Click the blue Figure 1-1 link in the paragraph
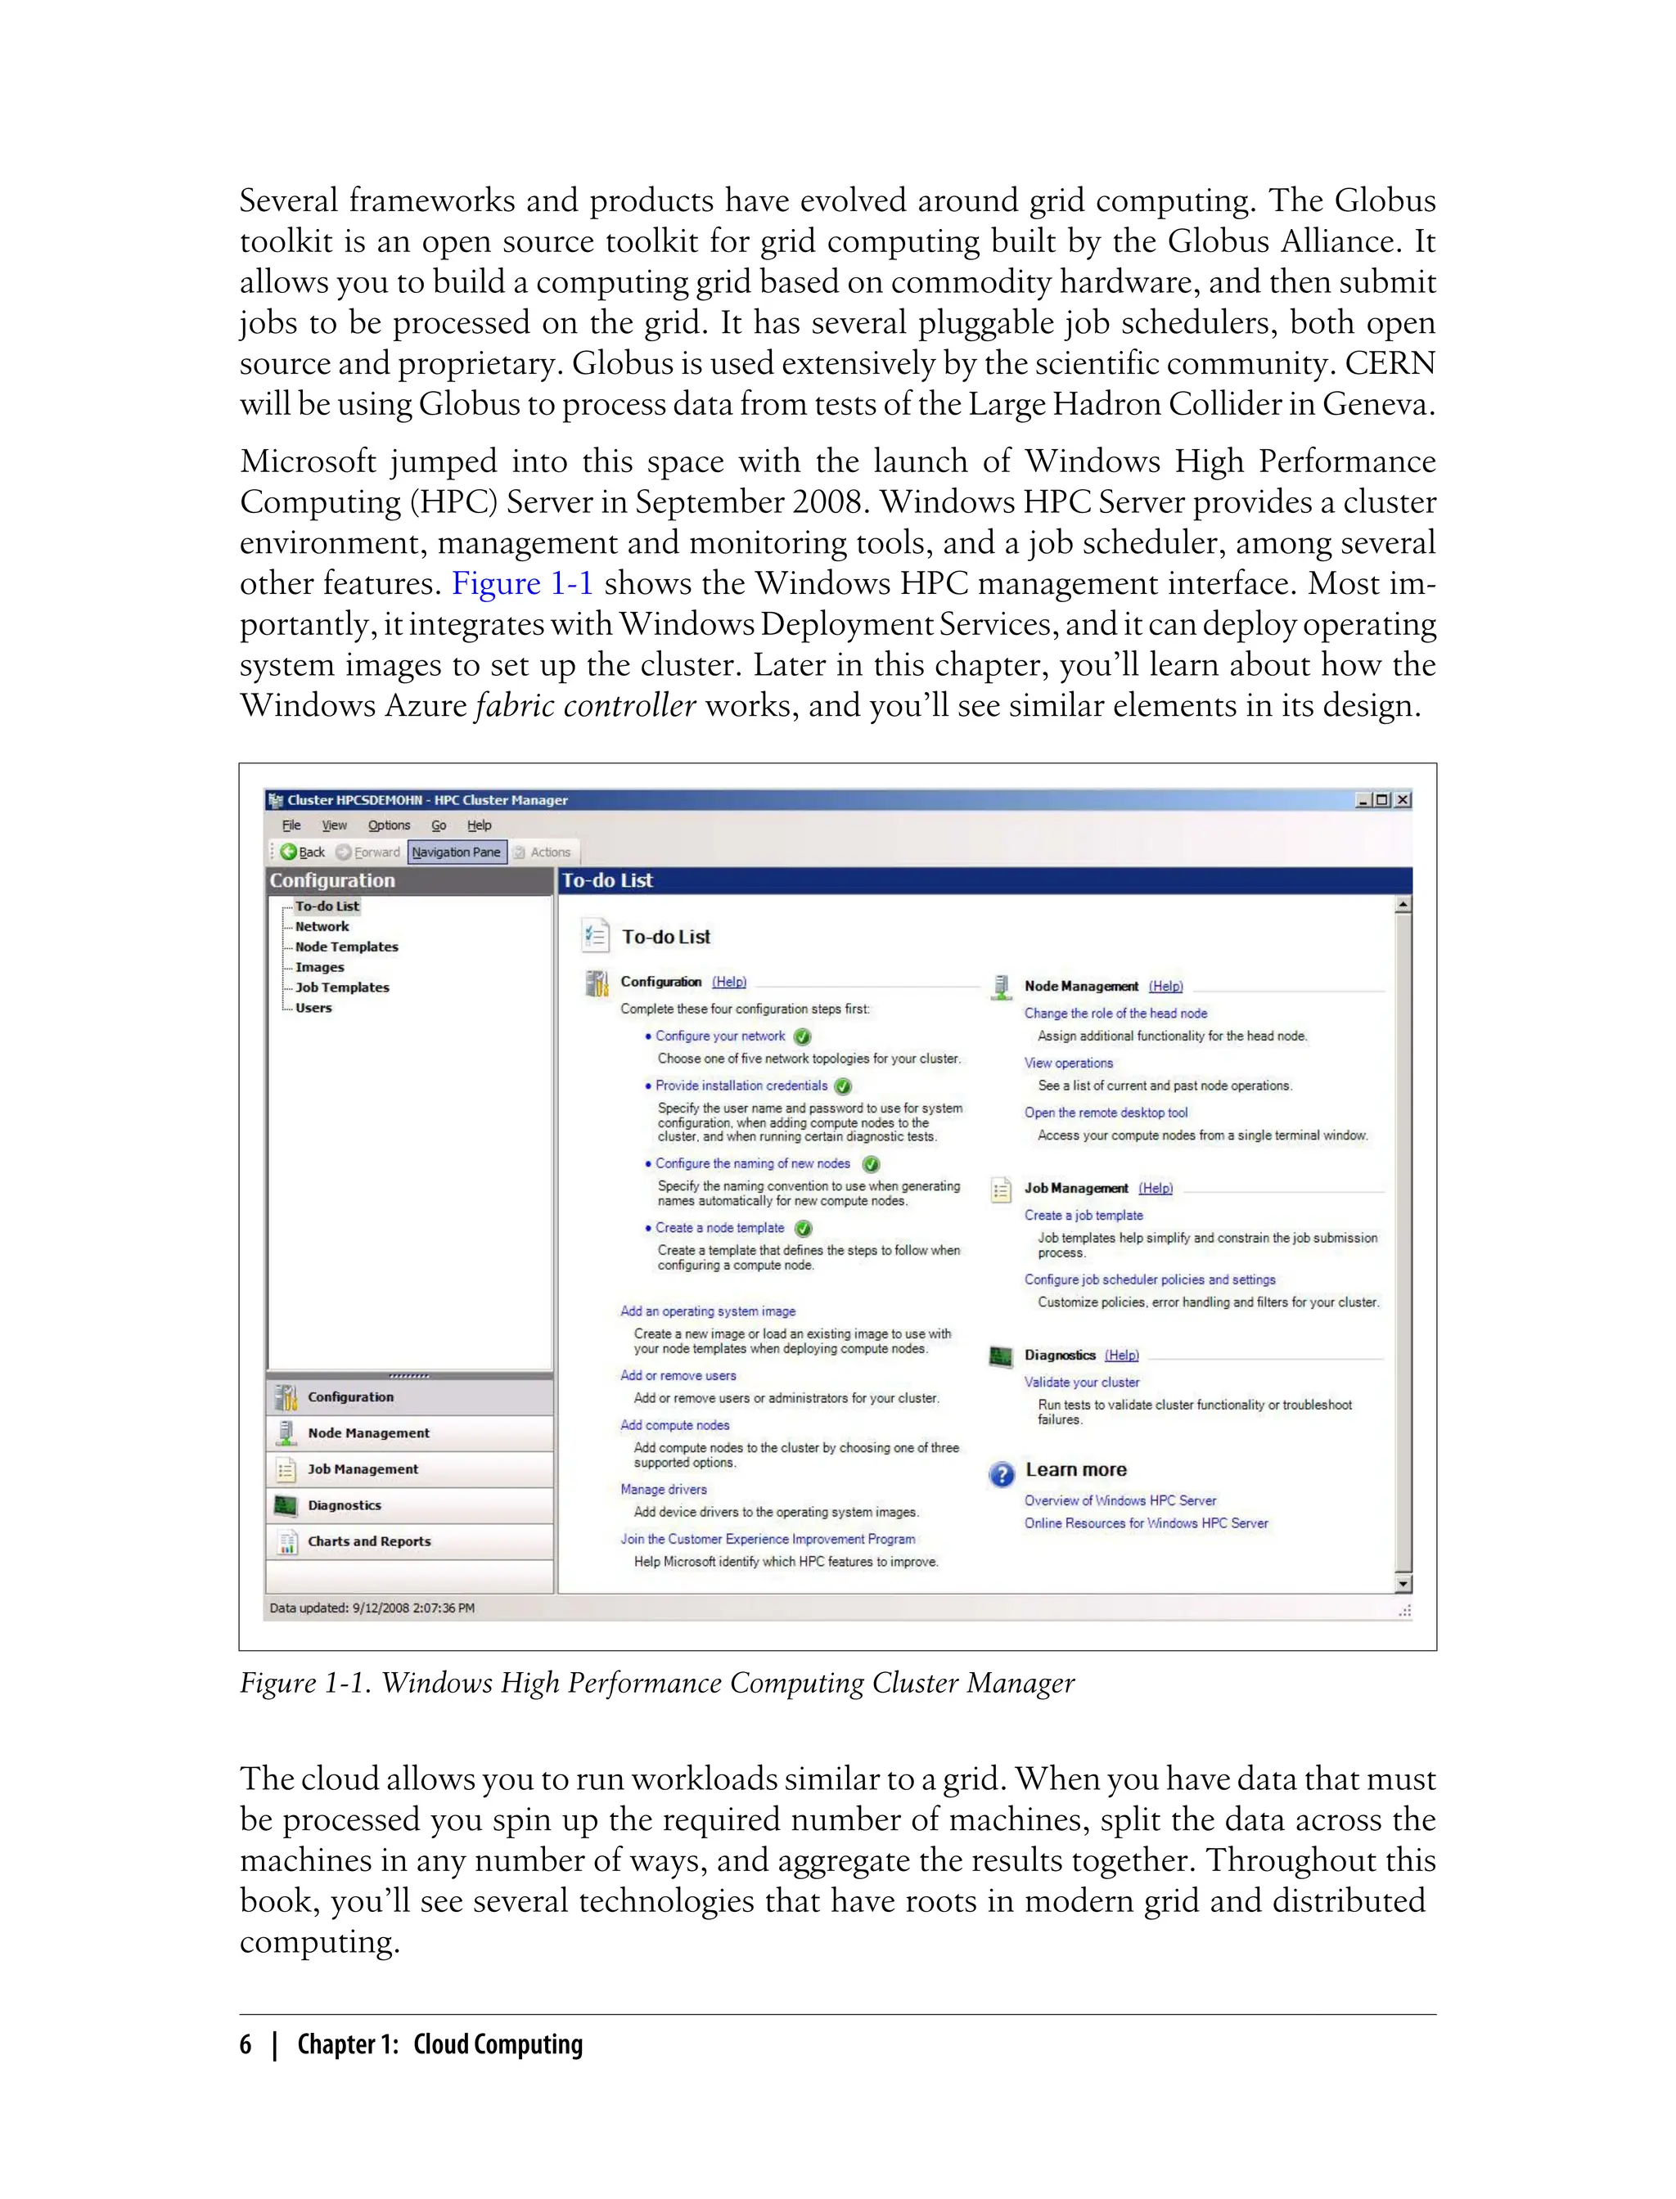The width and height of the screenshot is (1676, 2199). (522, 583)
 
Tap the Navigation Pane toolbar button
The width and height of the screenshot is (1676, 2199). (456, 852)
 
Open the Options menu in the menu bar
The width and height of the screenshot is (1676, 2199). (388, 825)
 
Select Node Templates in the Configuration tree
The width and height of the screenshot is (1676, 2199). (346, 947)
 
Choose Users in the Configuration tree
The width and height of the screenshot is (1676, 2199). (313, 1007)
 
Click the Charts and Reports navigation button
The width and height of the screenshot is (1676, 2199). (369, 1540)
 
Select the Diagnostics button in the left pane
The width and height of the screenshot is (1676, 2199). (345, 1505)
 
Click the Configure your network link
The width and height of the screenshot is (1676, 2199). (719, 1037)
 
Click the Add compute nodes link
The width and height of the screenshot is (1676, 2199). (674, 1425)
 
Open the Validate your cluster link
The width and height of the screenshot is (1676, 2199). (1081, 1383)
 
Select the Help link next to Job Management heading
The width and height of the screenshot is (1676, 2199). (1156, 1188)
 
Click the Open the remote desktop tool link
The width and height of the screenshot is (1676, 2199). (1106, 1112)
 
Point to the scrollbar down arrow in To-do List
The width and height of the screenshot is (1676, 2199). (1403, 1584)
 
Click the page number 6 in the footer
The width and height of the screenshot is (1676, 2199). (246, 2044)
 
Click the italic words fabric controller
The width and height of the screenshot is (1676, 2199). (586, 706)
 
